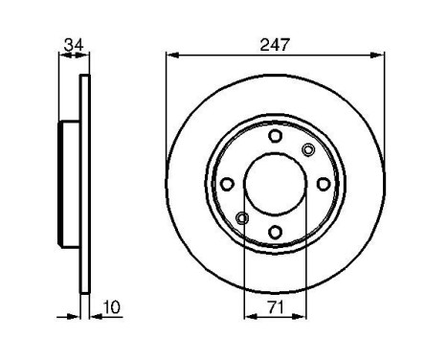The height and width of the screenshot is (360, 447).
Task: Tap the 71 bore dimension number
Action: point(275,306)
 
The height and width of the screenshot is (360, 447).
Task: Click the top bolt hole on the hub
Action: point(276,137)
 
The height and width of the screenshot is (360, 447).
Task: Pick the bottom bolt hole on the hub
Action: point(276,231)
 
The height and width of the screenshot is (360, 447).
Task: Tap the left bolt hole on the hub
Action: point(228,184)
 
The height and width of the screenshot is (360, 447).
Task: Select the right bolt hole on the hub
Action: point(324,184)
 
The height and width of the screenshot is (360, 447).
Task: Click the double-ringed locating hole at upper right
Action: point(308,149)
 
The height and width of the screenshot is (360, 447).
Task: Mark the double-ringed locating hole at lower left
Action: point(242,218)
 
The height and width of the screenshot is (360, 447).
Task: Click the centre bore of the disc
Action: point(276,184)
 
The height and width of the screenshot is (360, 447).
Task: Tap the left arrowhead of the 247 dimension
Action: point(171,56)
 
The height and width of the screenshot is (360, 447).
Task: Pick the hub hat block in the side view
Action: point(69,183)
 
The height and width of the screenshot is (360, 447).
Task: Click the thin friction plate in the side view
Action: point(84,183)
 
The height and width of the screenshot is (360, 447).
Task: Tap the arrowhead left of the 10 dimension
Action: point(73,316)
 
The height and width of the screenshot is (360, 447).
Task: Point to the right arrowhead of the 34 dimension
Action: point(85,56)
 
